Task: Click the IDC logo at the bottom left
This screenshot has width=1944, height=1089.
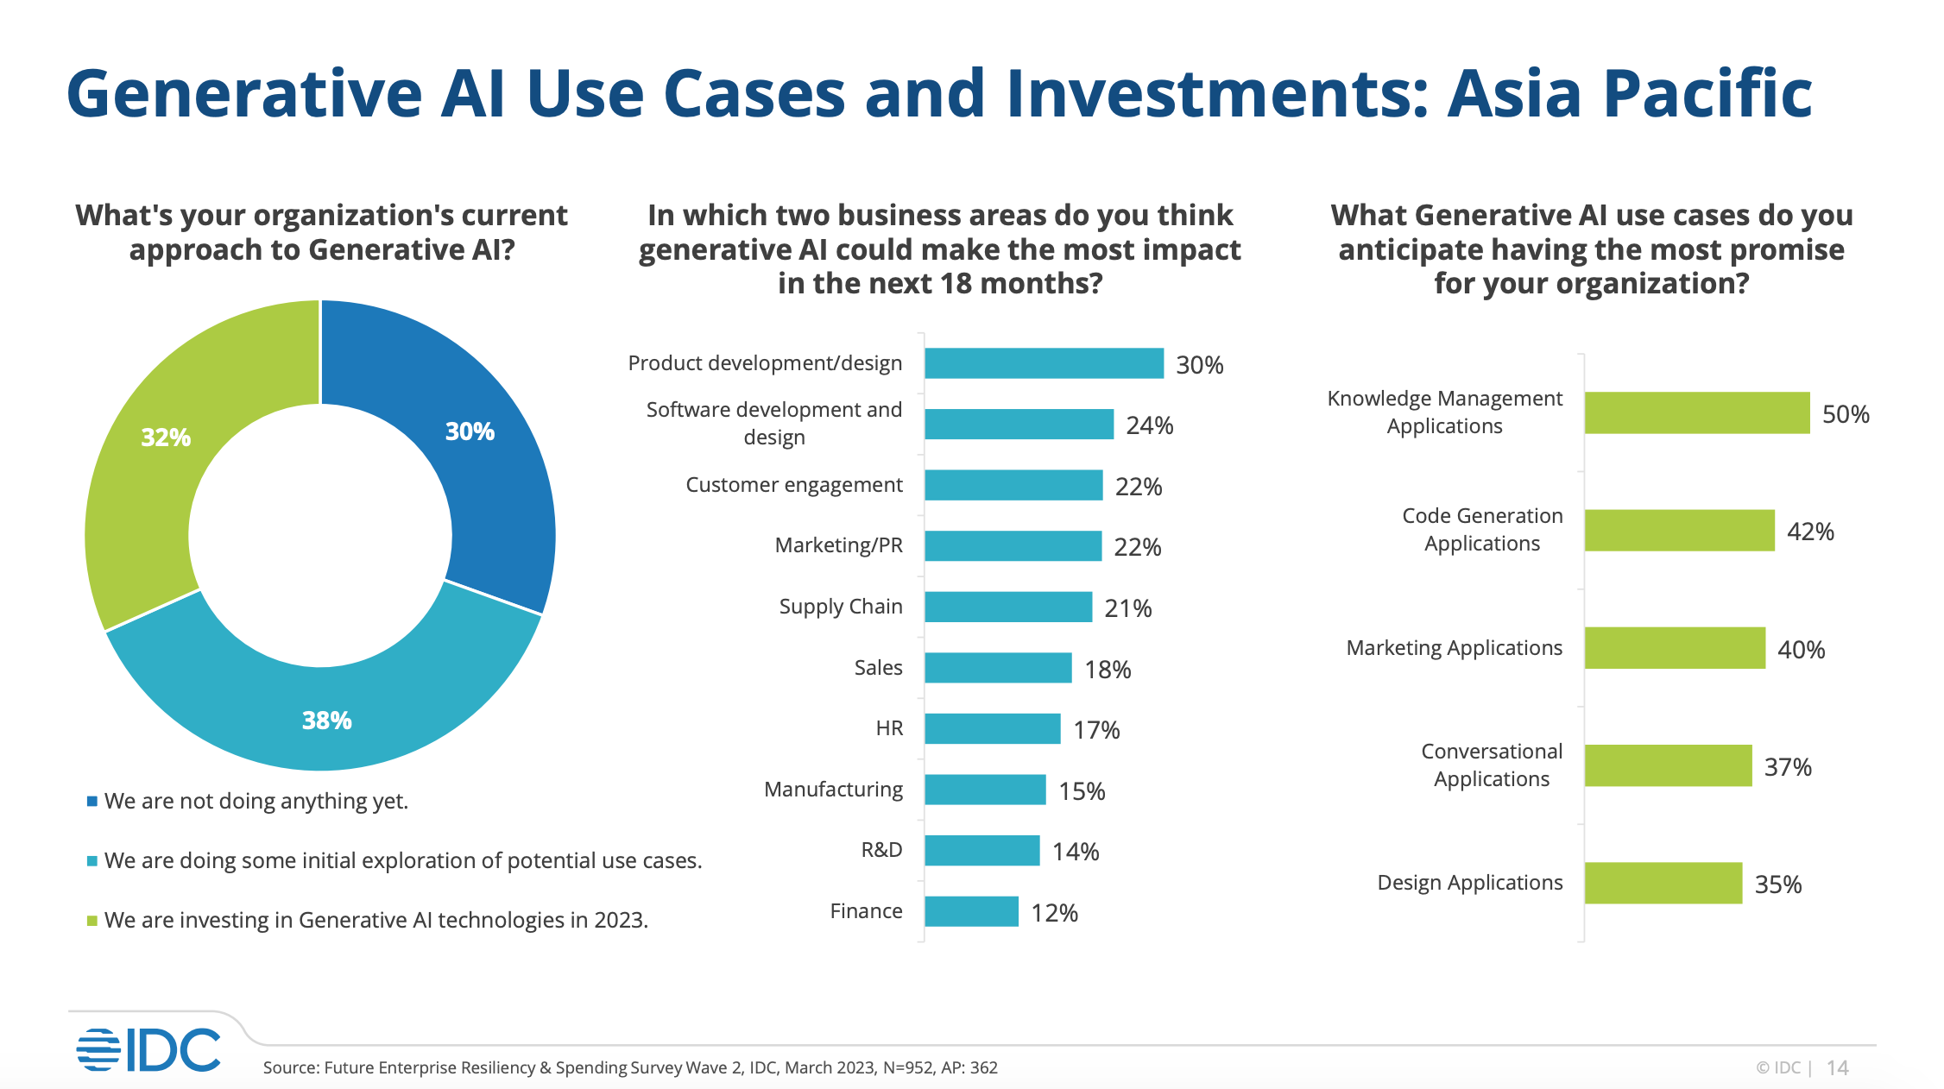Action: [148, 1049]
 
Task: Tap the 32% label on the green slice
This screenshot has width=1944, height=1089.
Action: [166, 437]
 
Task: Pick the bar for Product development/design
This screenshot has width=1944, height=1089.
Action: [1044, 363]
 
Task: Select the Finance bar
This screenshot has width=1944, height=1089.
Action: [971, 911]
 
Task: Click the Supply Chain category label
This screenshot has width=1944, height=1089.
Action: [841, 607]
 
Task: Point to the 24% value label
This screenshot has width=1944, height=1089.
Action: [1149, 425]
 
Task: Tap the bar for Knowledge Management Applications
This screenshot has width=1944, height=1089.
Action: [1696, 412]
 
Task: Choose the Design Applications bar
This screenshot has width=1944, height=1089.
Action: [1663, 883]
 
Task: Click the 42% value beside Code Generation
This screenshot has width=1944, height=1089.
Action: [1810, 532]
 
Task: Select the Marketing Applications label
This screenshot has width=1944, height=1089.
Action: [1454, 648]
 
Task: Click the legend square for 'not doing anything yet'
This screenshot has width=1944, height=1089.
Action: [92, 802]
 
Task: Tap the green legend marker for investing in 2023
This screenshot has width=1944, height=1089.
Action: [92, 921]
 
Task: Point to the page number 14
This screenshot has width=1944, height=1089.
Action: [1837, 1068]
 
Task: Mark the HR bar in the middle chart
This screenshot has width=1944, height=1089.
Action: [992, 728]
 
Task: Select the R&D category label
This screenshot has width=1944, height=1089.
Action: [881, 850]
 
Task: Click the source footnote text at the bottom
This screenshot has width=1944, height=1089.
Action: [630, 1067]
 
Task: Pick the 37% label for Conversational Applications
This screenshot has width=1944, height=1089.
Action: [1787, 767]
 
